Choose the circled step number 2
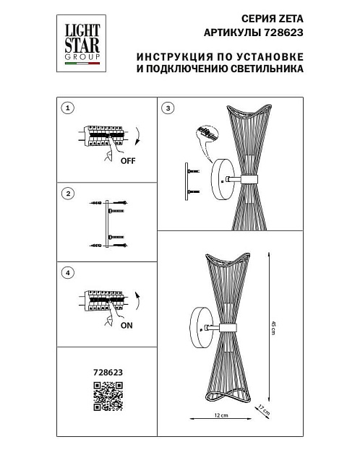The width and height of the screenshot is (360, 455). point(67,194)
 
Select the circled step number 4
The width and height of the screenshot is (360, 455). point(67,273)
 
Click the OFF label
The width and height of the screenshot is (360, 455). point(128,160)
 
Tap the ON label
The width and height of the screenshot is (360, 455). point(127,325)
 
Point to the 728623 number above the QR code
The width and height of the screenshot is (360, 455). point(108,373)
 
